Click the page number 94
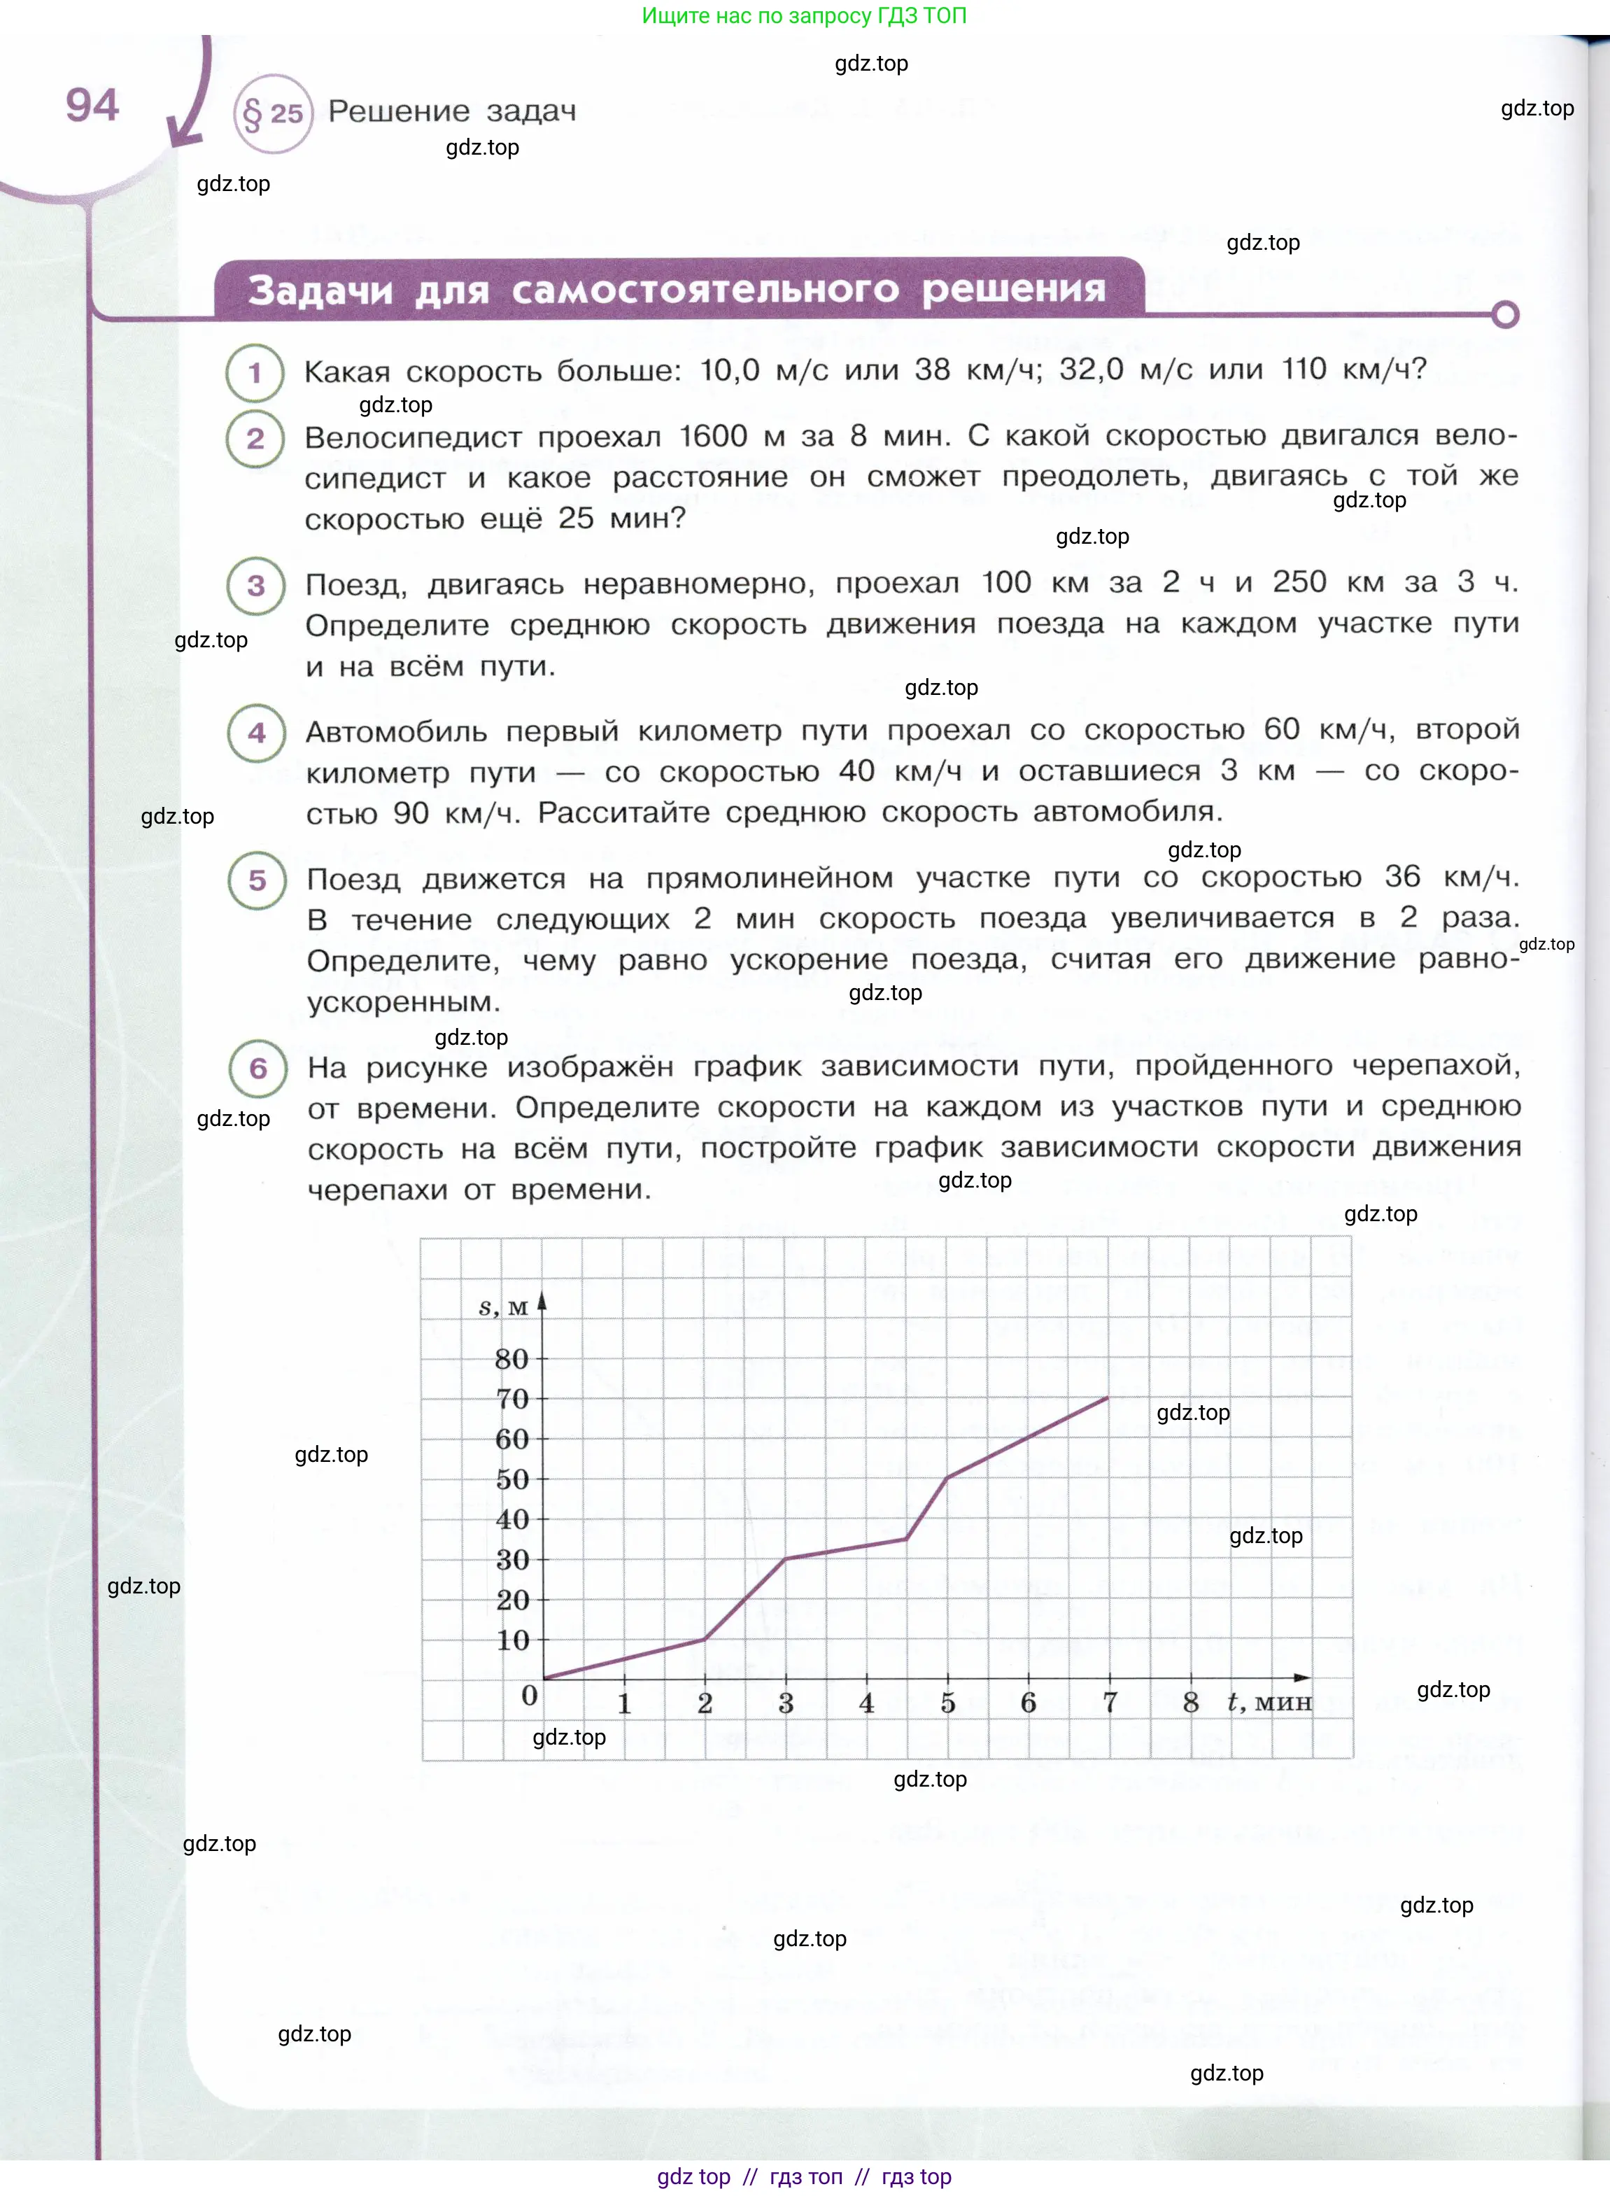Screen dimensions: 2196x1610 tap(92, 105)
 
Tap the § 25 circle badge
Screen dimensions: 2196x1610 tap(273, 114)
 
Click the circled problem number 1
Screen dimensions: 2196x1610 tap(255, 372)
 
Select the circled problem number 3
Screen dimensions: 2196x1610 tap(256, 586)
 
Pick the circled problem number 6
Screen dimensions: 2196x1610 tap(257, 1069)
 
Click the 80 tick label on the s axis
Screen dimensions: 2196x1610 tap(511, 1359)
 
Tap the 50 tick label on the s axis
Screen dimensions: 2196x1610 tap(511, 1479)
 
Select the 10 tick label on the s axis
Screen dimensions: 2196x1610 tap(511, 1640)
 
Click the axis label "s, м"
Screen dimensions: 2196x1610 tap(503, 1308)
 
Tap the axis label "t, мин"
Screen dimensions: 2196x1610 tap(1269, 1703)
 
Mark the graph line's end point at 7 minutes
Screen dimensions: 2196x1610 tap(1108, 1398)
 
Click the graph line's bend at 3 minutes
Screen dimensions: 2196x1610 tap(786, 1558)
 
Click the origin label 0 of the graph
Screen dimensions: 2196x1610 tap(529, 1695)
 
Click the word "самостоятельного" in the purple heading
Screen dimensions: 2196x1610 tap(705, 290)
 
